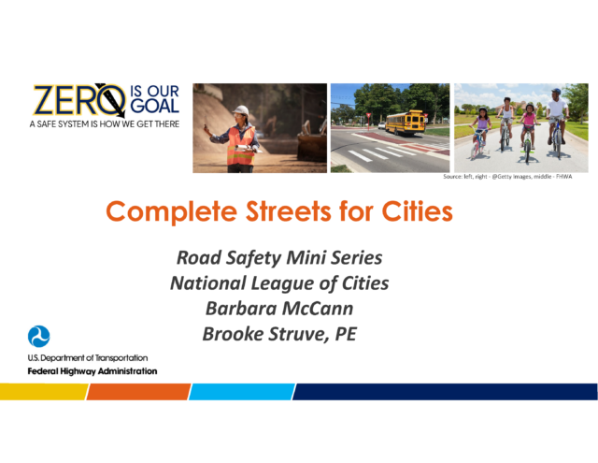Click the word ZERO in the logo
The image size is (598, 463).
pyautogui.click(x=79, y=100)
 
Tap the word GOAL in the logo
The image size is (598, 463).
pyautogui.click(x=155, y=106)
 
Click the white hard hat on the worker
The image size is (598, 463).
pyautogui.click(x=241, y=110)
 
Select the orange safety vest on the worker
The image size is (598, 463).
pyautogui.click(x=241, y=146)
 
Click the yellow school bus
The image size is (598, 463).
pyautogui.click(x=405, y=123)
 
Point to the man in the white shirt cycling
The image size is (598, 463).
pyautogui.click(x=557, y=123)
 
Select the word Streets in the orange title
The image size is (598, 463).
pyautogui.click(x=289, y=211)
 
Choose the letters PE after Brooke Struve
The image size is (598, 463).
pyautogui.click(x=346, y=334)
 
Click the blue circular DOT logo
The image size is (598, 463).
pyautogui.click(x=38, y=337)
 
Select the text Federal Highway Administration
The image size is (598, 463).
pyautogui.click(x=93, y=371)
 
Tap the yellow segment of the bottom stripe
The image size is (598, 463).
pyautogui.click(x=44, y=392)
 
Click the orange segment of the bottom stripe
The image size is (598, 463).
pyautogui.click(x=139, y=392)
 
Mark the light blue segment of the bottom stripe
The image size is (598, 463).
pyautogui.click(x=242, y=392)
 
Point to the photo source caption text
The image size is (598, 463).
pyautogui.click(x=507, y=177)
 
